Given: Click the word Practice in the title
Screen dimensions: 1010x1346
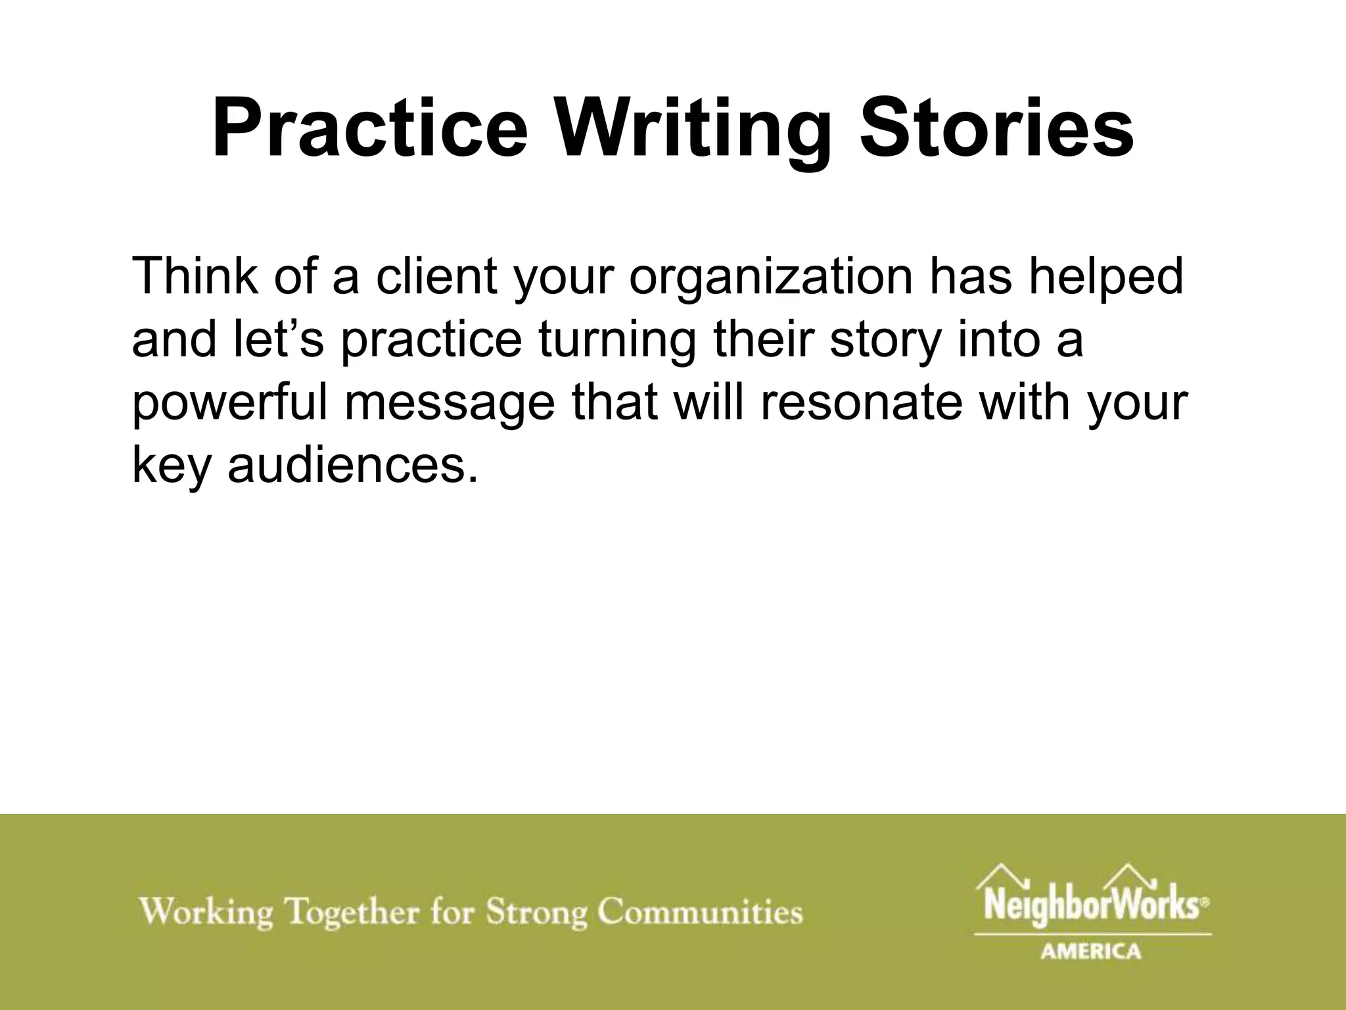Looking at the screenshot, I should coord(370,128).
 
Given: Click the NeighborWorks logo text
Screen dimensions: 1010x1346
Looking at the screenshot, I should coord(1087,906).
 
